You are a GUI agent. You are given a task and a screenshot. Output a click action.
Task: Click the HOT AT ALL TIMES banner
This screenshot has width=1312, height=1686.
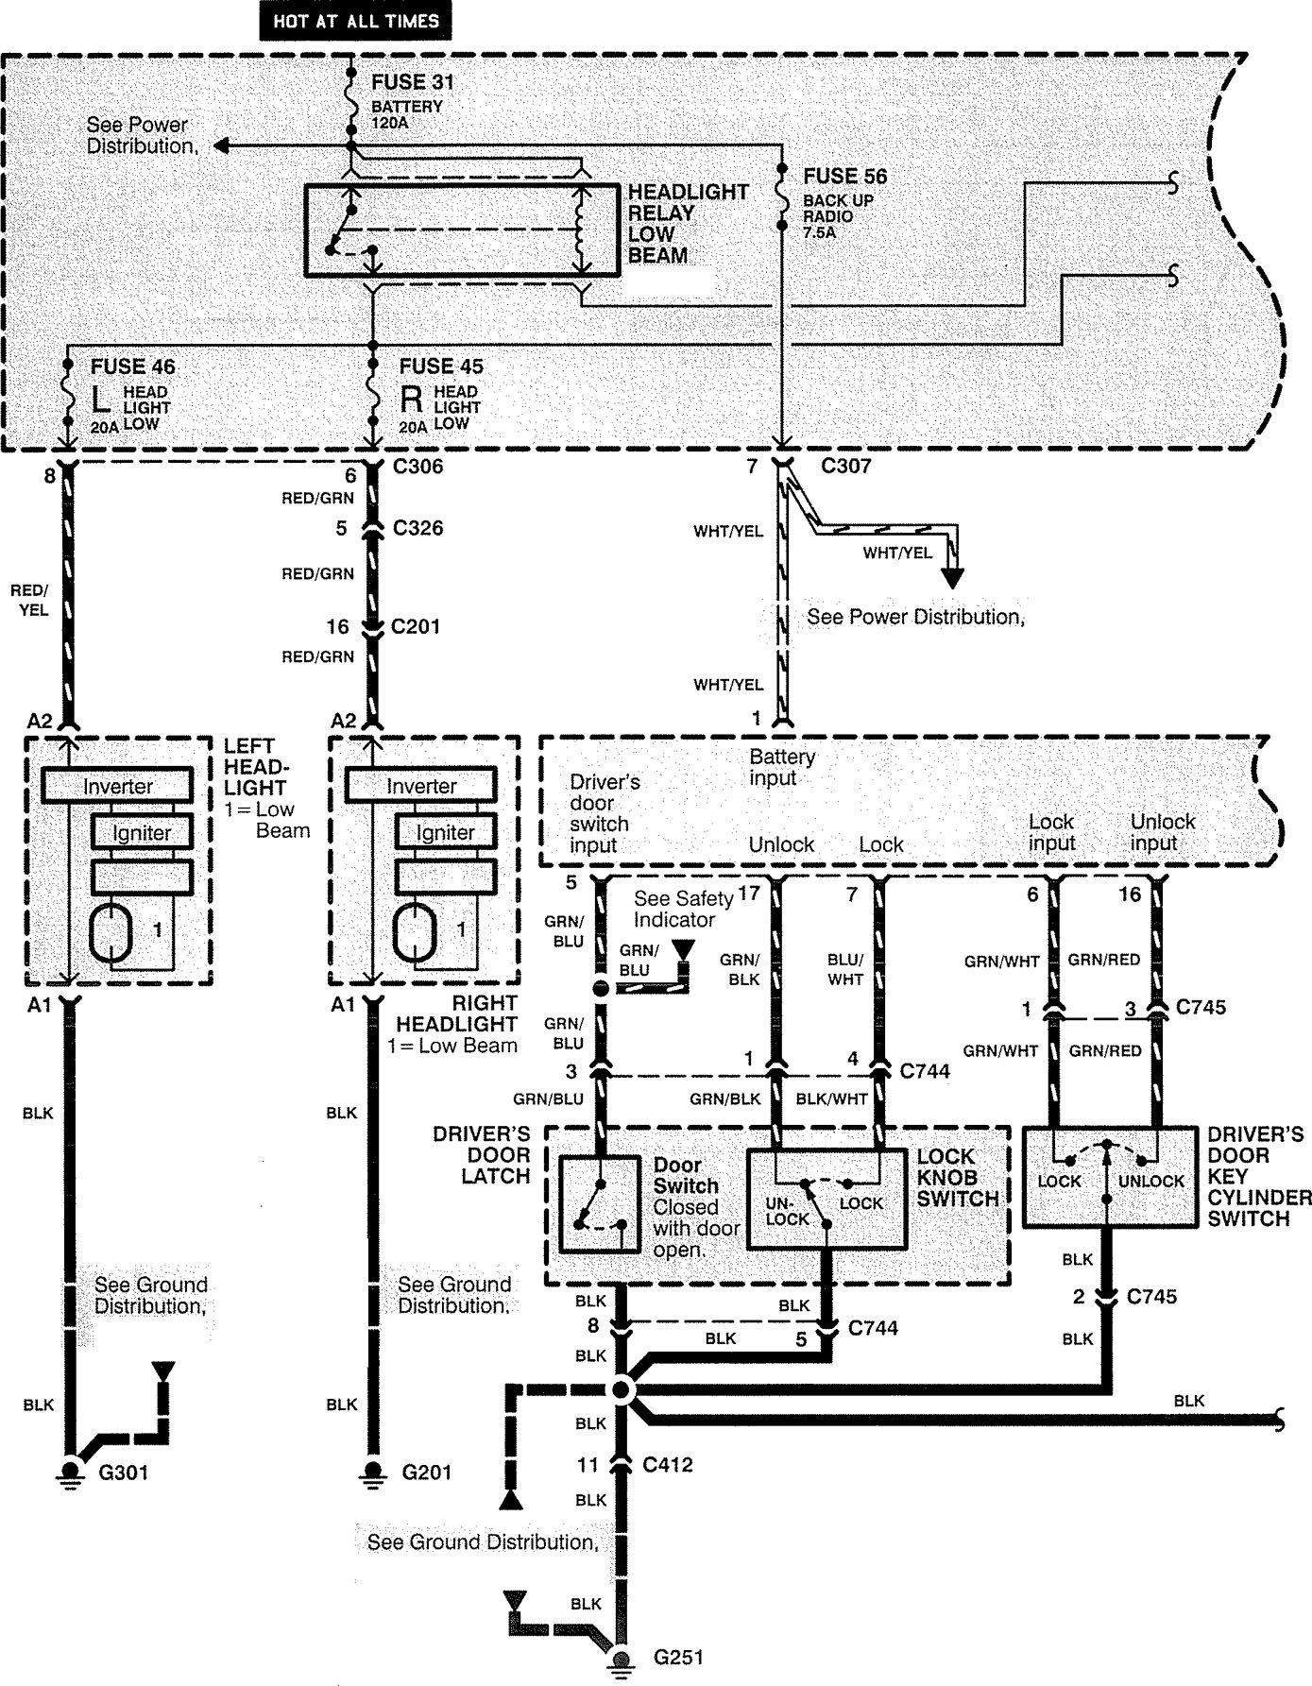356,21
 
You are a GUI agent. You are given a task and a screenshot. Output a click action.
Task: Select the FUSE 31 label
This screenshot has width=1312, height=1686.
413,82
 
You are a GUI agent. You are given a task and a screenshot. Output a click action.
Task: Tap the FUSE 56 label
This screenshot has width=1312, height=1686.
845,177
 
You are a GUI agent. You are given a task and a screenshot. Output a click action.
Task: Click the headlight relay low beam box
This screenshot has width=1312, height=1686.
462,230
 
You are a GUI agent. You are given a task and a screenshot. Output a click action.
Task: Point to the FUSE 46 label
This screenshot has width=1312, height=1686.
133,366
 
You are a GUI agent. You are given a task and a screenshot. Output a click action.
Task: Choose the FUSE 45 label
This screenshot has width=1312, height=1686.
441,366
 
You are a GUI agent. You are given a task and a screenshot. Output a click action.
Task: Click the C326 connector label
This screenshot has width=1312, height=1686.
417,528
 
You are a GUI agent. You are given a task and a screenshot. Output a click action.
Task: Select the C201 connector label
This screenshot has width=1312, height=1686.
416,626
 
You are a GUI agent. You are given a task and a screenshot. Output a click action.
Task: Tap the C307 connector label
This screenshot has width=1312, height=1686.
846,466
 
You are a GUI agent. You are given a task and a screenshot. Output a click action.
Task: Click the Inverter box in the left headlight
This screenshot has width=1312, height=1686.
118,786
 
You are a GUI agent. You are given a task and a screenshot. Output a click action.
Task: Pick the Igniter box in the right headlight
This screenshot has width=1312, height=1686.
445,832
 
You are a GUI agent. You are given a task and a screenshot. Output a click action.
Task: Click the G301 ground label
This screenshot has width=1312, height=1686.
124,1472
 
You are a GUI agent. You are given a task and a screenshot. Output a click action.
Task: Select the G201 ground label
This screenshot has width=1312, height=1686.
427,1472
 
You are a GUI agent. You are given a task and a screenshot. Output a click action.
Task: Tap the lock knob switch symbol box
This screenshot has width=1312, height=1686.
826,1198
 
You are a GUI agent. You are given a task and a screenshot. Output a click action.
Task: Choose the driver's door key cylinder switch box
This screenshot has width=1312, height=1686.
1110,1177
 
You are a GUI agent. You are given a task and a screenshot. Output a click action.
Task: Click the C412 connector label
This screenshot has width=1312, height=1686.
668,1465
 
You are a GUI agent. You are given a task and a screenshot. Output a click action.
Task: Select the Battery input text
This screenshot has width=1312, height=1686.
782,767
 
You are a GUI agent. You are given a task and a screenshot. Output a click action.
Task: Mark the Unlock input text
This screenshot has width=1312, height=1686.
1163,832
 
